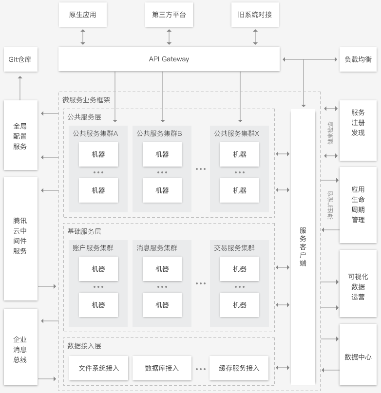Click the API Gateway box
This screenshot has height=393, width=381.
169,59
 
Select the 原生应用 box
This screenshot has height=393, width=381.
83,15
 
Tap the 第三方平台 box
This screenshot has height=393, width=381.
169,15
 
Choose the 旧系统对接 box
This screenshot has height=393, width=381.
255,15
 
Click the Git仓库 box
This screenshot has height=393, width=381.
20,59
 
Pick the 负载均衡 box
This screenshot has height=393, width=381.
358,59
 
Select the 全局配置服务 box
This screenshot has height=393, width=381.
20,135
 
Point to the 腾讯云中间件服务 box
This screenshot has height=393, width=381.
20,239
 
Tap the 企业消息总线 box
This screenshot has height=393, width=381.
20,349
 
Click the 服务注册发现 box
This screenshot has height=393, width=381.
358,122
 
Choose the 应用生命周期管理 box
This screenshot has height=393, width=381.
358,205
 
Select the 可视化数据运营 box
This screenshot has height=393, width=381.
358,286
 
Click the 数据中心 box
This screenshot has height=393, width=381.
358,357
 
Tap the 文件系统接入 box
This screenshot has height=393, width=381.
99,368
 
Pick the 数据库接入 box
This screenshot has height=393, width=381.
162,368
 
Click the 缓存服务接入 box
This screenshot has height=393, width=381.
239,368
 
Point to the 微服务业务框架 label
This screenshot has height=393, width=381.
86,100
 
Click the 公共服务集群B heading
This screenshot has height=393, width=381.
159,133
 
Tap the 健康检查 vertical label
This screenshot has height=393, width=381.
330,133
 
